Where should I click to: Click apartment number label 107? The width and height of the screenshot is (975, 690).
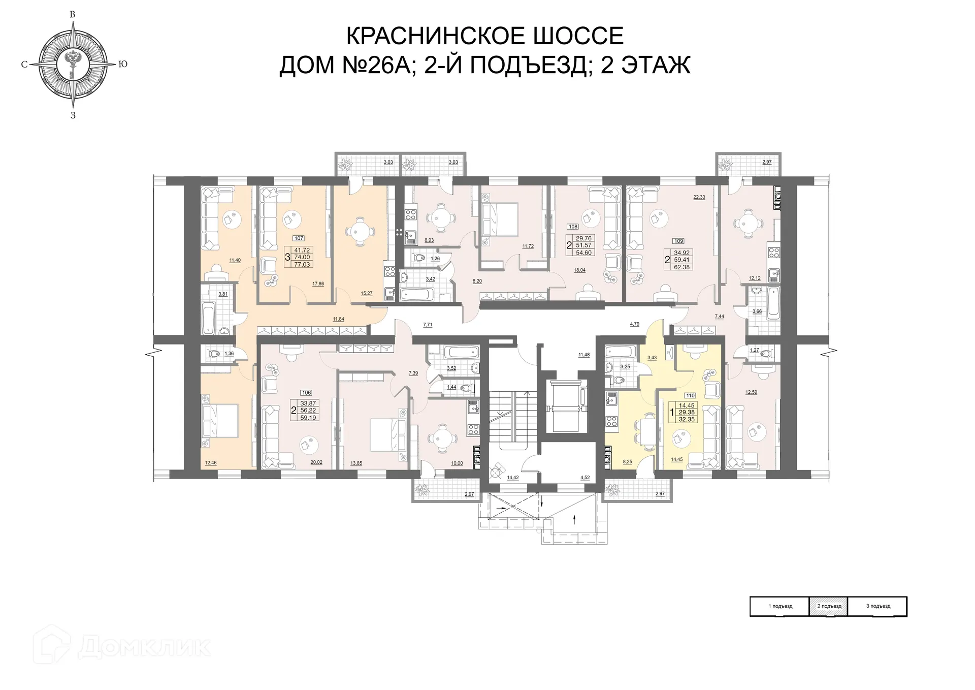click(299, 238)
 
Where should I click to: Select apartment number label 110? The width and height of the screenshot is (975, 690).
click(690, 395)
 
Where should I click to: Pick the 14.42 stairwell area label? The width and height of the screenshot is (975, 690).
click(512, 477)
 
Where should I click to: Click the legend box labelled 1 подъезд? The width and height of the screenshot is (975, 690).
click(780, 606)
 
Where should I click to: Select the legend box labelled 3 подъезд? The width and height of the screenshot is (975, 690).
click(878, 606)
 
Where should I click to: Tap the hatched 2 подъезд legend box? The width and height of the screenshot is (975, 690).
click(829, 606)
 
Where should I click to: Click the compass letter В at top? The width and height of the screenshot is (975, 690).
click(73, 15)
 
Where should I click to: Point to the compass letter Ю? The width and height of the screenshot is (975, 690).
click(122, 65)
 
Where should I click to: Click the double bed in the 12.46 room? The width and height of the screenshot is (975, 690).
click(220, 421)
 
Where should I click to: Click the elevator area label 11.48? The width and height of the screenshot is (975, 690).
click(584, 355)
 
